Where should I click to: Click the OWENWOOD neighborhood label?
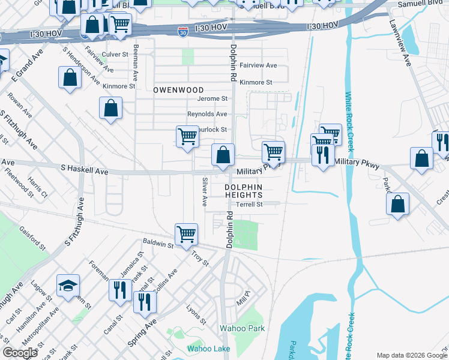178,89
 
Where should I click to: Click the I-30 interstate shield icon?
183,31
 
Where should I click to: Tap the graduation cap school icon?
68,285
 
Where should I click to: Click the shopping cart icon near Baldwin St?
186,234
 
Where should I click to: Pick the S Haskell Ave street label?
84,171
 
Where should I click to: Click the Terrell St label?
250,204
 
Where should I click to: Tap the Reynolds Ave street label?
207,114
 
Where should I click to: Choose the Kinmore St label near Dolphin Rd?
256,82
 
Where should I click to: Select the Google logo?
20,352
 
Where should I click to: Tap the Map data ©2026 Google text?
411,355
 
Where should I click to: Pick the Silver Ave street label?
205,192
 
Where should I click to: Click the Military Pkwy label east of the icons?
357,163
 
